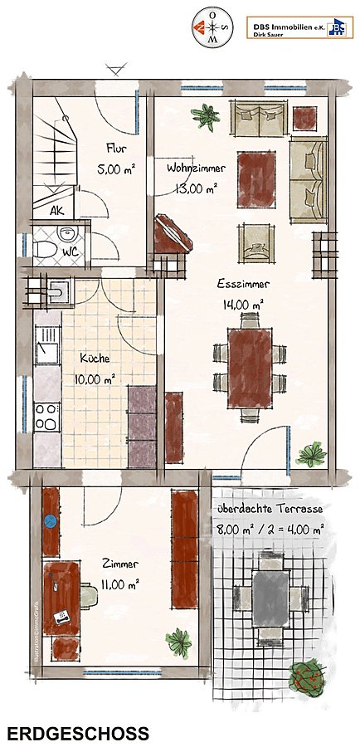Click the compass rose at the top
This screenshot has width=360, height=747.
point(212,27)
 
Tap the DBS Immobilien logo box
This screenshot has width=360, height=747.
point(299,27)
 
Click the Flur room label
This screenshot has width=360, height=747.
point(116,148)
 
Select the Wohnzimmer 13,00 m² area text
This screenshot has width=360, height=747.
point(197,188)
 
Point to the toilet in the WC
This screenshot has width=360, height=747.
point(46,248)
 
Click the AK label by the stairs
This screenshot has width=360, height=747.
point(56,211)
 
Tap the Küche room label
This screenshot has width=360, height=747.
point(95,359)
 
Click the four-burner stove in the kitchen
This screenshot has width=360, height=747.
point(46,417)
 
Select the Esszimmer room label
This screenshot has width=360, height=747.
point(243,284)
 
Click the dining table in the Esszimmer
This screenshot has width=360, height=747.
point(250,368)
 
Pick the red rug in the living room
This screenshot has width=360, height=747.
point(256,179)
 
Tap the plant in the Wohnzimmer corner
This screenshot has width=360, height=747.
point(205,115)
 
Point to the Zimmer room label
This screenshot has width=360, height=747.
point(120,564)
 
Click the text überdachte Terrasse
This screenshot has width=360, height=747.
point(270,509)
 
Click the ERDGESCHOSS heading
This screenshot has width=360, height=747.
point(78,733)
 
